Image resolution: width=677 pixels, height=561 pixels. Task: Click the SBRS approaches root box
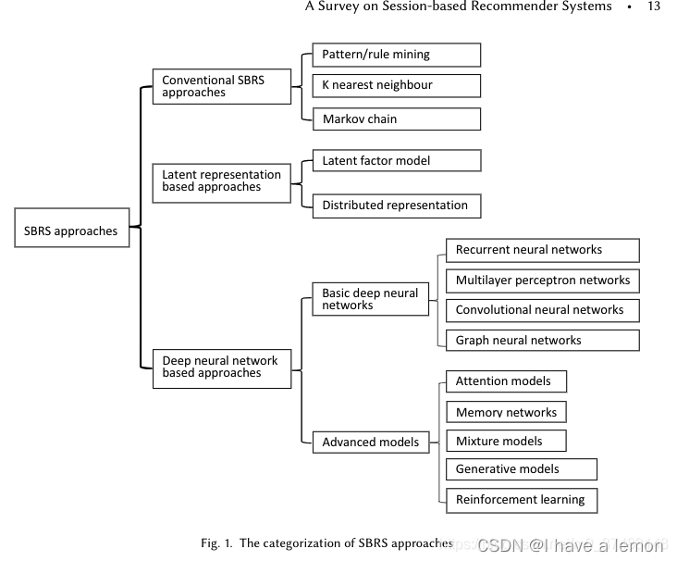point(72,231)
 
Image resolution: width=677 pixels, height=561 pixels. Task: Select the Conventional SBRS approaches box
point(222,87)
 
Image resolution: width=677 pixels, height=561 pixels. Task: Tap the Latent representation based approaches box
point(222,181)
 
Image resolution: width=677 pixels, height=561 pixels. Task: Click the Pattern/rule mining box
point(396,55)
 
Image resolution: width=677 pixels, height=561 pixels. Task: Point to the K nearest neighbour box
point(396,85)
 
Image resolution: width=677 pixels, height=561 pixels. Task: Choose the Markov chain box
point(396,118)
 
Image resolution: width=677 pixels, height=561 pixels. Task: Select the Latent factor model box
point(396,161)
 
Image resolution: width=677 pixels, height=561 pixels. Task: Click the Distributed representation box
point(396,206)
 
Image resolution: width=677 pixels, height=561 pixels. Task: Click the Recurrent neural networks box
point(542,250)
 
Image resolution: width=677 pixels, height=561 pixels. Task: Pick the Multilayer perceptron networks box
point(542,280)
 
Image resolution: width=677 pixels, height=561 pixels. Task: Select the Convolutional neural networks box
point(542,310)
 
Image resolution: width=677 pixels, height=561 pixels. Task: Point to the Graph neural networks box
point(542,340)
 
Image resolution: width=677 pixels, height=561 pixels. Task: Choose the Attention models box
point(506,381)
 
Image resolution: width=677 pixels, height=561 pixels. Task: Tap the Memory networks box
point(506,412)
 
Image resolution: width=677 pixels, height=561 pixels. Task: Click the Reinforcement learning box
point(521,500)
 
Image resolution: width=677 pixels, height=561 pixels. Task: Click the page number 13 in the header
point(654,6)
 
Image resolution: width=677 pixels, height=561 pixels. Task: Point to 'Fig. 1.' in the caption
point(217,543)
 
